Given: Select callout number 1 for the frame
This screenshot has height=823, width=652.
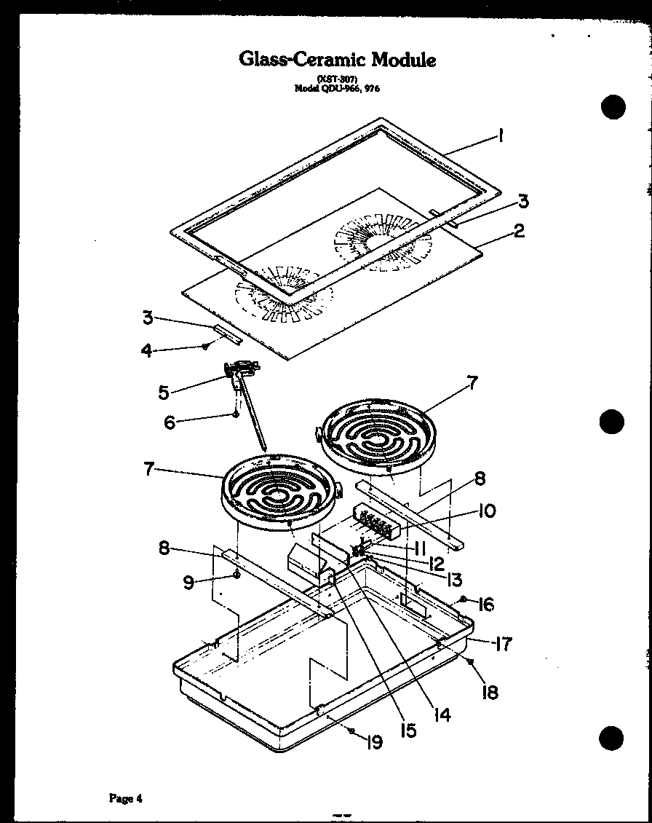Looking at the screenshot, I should point(501,135).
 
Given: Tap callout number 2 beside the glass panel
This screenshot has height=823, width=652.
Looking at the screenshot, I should point(518,232).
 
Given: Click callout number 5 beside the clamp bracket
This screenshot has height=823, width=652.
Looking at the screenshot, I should point(164,392).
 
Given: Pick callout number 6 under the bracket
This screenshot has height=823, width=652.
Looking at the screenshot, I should point(170,422).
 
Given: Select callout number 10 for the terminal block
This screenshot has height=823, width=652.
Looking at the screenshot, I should point(488,511).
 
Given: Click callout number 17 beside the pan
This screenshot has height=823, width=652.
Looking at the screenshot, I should point(502,644).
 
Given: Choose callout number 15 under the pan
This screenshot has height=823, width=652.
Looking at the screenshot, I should point(407,729).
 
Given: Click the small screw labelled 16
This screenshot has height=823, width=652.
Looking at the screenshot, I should point(463,599).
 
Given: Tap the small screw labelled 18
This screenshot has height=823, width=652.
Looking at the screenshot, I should point(471,661).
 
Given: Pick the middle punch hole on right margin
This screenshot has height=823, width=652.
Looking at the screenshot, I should point(613,421).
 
